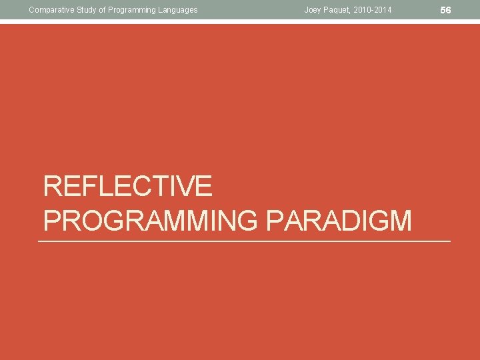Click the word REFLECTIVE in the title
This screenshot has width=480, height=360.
pos(127,186)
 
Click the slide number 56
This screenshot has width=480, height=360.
pos(446,10)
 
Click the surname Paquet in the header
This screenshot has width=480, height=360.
pos(337,10)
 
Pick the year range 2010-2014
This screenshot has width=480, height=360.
pos(373,10)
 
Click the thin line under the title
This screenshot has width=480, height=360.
pos(244,241)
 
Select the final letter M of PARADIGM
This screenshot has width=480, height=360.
pos(401,221)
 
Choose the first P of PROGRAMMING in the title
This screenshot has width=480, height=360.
pos(52,221)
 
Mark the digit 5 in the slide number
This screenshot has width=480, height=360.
pos(443,10)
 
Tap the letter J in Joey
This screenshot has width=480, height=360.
pos(306,10)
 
